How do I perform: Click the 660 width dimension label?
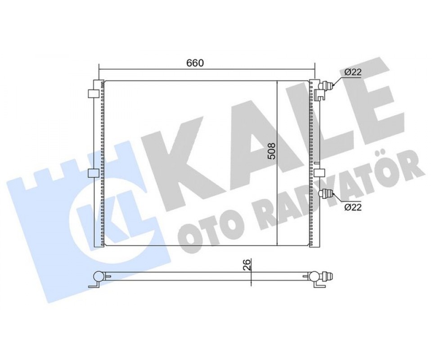(x=195, y=63)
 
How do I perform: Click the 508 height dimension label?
(x=272, y=150)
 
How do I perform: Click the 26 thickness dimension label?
(x=247, y=265)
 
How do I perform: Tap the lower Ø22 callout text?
(x=353, y=207)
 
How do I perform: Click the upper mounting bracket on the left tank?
(x=93, y=94)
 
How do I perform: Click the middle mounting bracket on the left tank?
(x=93, y=173)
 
